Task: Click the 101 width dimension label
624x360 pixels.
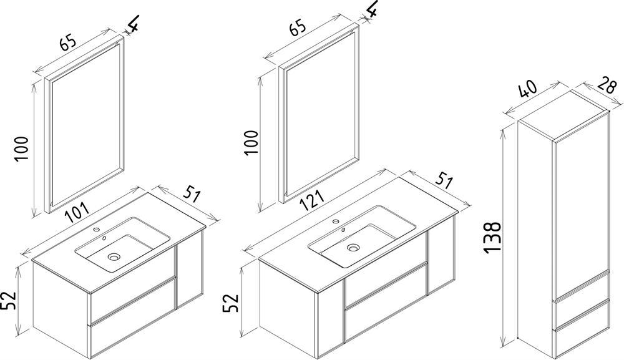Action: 76,212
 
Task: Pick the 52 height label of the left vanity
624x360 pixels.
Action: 8,300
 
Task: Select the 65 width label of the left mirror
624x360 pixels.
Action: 67,43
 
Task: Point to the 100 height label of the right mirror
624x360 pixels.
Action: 251,142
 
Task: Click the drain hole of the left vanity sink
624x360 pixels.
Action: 114,257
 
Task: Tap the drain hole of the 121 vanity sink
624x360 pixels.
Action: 353,248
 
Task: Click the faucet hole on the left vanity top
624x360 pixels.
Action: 96,230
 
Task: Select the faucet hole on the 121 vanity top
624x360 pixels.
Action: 336,221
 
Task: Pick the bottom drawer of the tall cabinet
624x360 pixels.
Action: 582,336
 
